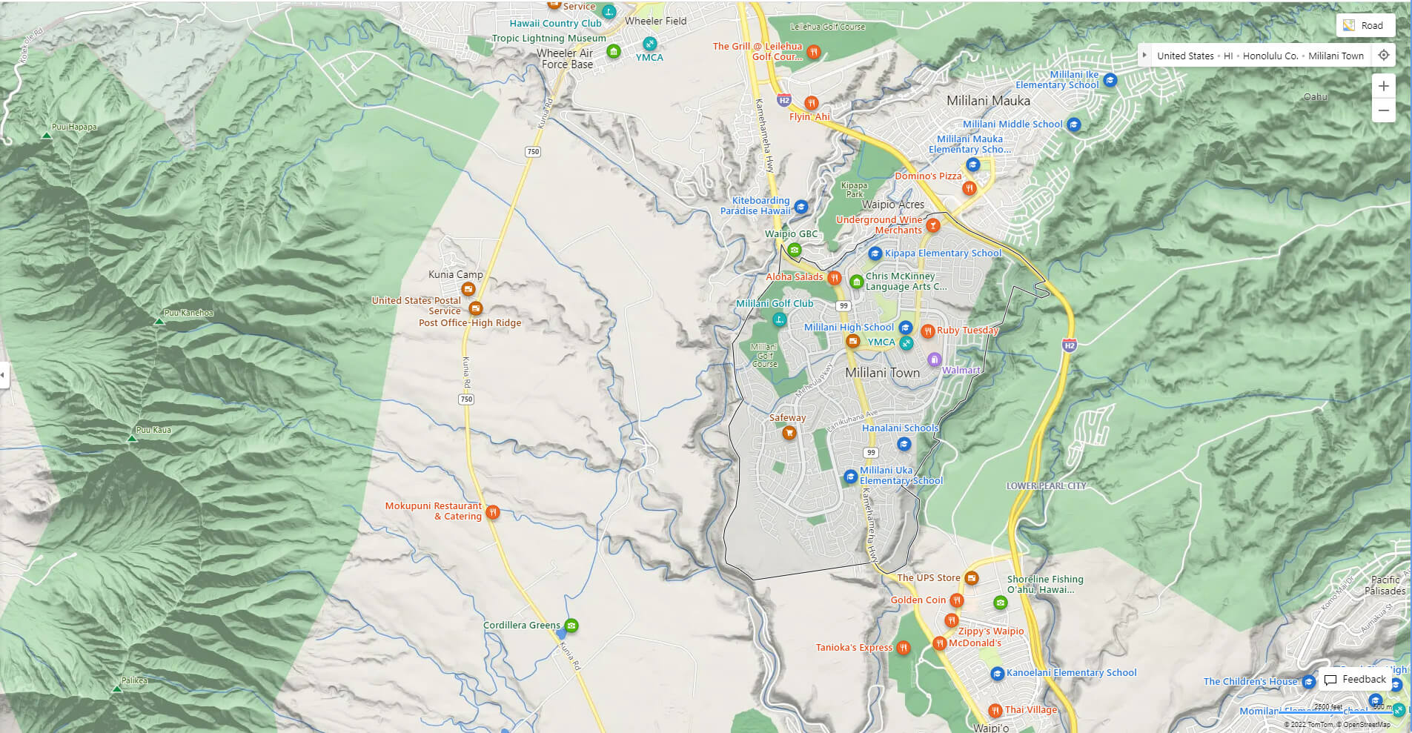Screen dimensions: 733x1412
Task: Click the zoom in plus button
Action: (x=1383, y=86)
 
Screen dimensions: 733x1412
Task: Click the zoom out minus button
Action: (x=1383, y=110)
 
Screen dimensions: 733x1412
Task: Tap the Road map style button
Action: (x=1365, y=25)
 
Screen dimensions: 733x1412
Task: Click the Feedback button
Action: (x=1355, y=679)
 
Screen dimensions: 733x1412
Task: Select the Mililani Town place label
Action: (x=882, y=373)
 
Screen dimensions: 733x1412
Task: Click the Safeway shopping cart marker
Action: (x=789, y=432)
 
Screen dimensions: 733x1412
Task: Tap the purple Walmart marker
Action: (x=934, y=360)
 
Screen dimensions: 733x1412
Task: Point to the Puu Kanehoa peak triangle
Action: (x=159, y=322)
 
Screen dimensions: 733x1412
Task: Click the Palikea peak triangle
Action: (x=116, y=689)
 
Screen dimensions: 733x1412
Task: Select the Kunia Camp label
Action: (x=455, y=274)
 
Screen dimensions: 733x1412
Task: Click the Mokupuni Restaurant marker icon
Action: (x=492, y=511)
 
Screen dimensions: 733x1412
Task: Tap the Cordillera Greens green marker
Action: (x=571, y=626)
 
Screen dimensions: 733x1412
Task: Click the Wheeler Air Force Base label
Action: (x=566, y=59)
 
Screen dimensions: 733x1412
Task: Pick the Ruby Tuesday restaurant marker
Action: (x=927, y=331)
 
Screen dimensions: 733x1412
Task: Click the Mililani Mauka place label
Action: (x=988, y=101)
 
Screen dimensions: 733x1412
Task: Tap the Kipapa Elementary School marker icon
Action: (x=875, y=253)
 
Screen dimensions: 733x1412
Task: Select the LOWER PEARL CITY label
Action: (x=1045, y=486)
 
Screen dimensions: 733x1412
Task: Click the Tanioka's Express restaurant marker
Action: (x=903, y=648)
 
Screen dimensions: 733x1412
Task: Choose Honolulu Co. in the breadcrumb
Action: (x=1270, y=56)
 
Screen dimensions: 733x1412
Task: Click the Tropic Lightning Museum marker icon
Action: (x=613, y=50)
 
